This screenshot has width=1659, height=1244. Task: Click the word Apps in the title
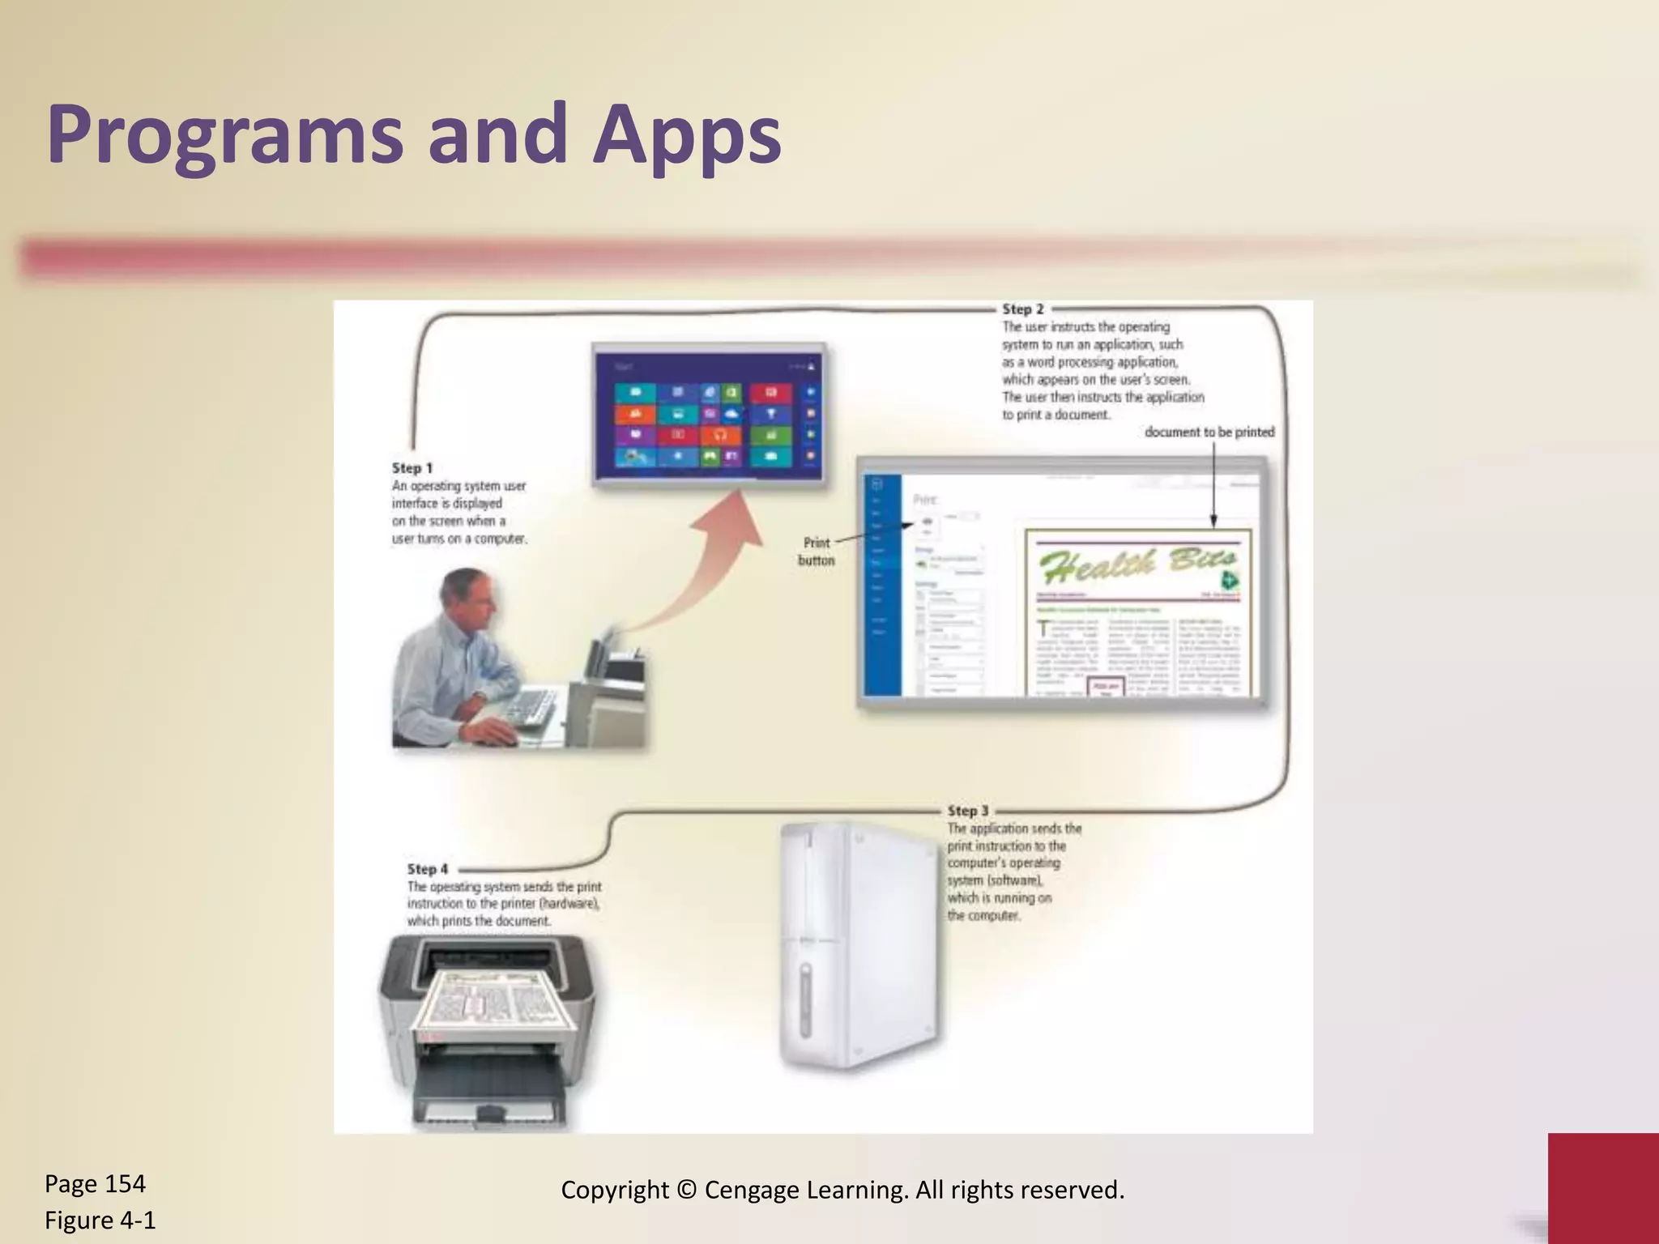tap(686, 134)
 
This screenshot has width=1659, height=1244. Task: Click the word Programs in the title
tap(224, 134)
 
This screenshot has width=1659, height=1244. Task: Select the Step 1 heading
tap(412, 468)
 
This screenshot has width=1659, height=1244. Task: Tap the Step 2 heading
tap(1022, 309)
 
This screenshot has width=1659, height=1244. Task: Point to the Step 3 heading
tap(968, 811)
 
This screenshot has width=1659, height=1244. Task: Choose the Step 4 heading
tap(427, 869)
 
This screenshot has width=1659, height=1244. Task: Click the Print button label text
tap(816, 552)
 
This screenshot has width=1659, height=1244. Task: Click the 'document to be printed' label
tap(1209, 432)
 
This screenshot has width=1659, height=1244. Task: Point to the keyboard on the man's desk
tap(531, 709)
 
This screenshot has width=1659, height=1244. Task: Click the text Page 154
tap(95, 1184)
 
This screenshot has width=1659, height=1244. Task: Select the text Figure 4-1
tap(100, 1221)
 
